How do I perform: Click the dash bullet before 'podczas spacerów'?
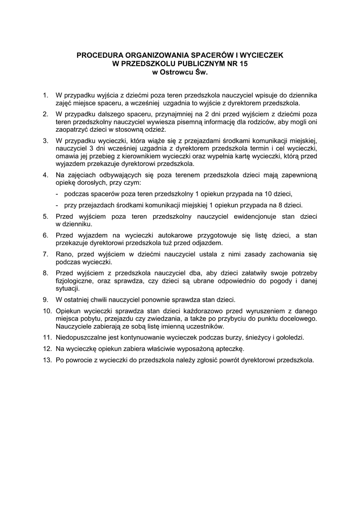pos(58,194)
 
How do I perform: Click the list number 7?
pos(45,254)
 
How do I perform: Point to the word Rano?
pos(63,254)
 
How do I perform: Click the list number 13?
pos(47,360)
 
